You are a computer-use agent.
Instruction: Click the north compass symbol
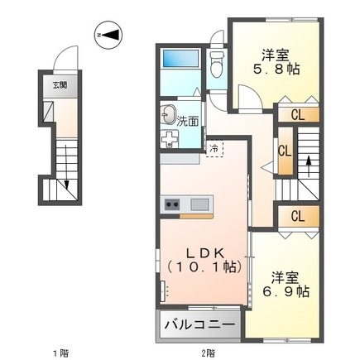109,36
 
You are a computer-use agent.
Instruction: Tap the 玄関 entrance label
61,84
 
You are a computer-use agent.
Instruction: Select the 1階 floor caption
60,352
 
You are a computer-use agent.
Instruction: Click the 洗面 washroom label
188,121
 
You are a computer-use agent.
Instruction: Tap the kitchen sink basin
199,204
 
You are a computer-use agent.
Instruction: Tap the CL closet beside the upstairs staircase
285,151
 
